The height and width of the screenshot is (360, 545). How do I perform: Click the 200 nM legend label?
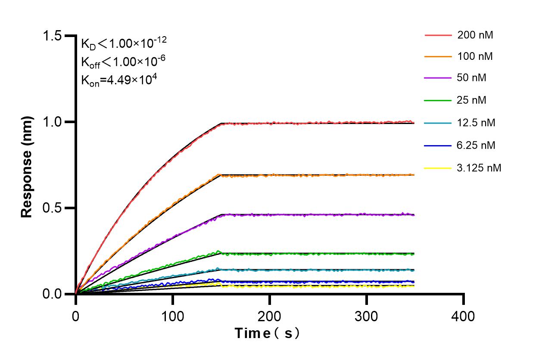click(475, 35)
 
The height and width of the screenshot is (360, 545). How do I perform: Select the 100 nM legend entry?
click(475, 56)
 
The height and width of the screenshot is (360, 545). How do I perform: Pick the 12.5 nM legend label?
click(476, 123)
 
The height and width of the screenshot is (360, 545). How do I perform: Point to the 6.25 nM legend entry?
click(476, 146)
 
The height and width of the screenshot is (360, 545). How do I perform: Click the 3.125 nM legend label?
click(479, 168)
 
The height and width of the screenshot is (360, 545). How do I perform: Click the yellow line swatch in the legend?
click(438, 168)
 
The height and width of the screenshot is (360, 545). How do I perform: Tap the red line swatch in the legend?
click(438, 35)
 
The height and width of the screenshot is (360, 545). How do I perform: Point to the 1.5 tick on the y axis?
click(52, 36)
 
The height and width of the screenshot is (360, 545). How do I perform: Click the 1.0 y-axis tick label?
click(52, 122)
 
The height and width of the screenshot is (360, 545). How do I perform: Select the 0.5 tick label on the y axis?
click(52, 208)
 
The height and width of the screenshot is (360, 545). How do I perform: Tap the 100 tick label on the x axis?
click(172, 317)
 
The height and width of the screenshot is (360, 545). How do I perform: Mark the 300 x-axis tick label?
click(366, 317)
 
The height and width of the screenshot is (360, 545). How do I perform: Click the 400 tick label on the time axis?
click(463, 317)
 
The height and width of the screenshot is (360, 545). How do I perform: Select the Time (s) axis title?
click(267, 333)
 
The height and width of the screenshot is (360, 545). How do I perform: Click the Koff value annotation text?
click(123, 62)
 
